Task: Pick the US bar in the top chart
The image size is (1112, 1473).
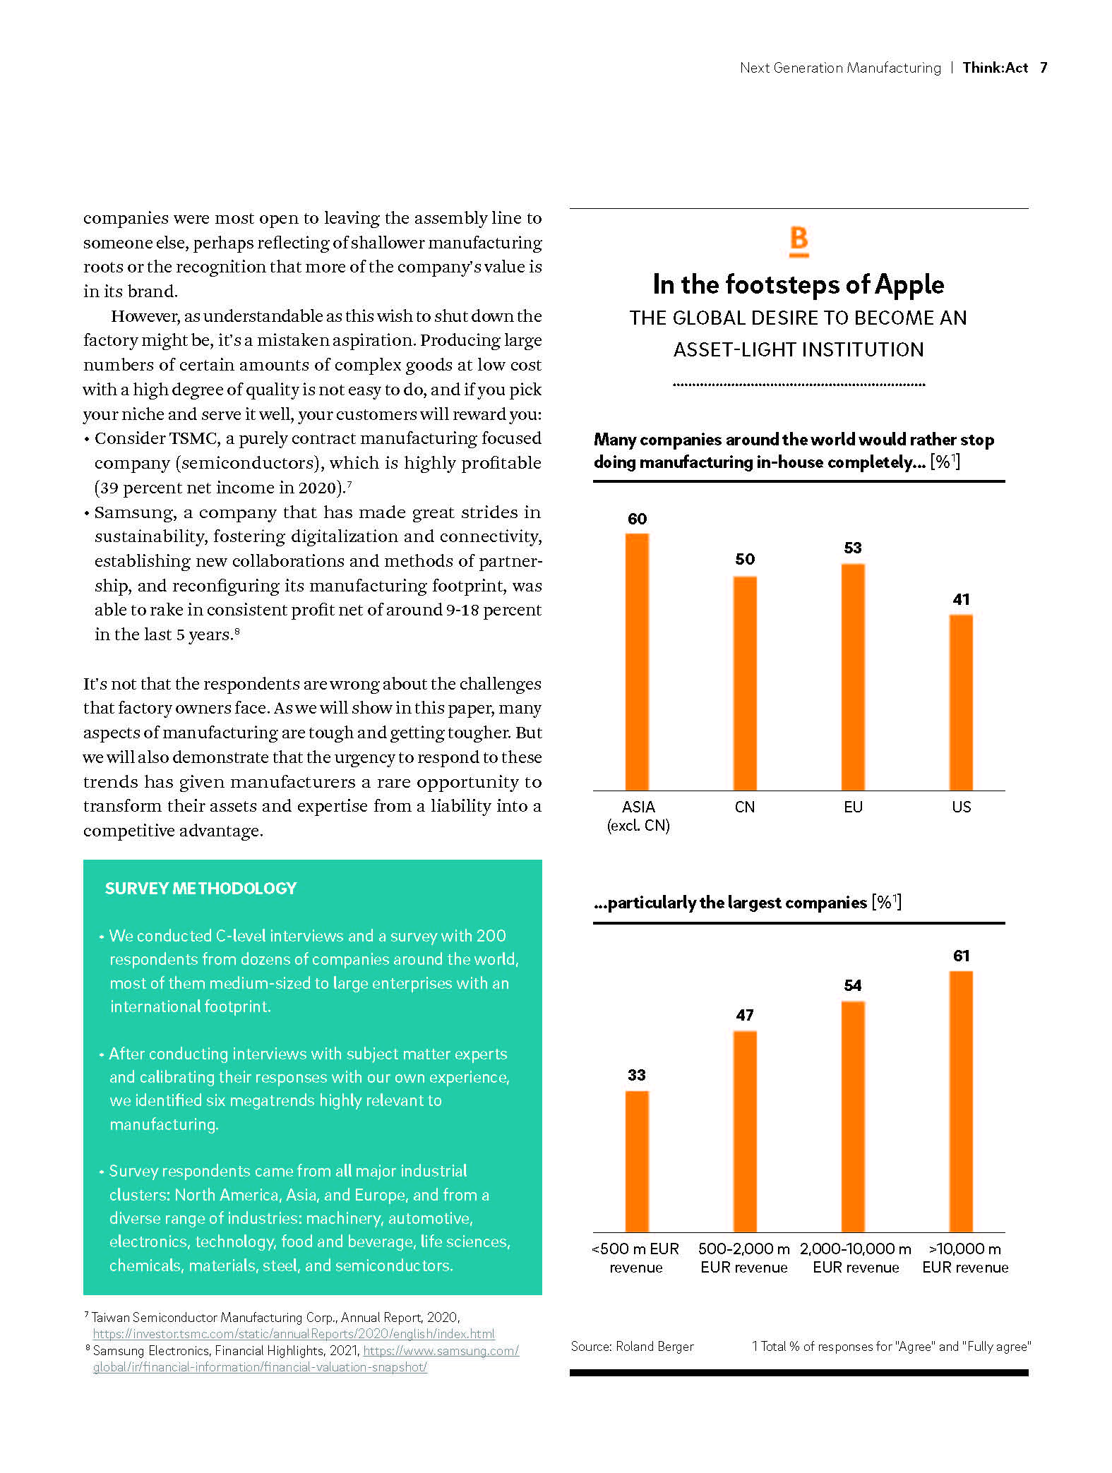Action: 961,702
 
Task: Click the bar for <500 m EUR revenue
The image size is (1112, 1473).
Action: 637,1161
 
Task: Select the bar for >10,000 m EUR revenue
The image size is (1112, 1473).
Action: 961,1101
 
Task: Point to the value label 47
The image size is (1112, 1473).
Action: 745,1015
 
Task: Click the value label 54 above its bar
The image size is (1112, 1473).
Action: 853,985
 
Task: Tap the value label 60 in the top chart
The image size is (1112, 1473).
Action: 637,519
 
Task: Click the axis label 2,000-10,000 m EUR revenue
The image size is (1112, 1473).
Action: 856,1258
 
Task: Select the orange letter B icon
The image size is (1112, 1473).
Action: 799,241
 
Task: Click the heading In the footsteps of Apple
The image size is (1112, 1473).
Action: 799,284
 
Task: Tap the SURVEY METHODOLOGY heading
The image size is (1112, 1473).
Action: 201,888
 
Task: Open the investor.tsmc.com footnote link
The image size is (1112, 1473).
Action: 294,1334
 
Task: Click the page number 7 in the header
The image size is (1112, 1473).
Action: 1044,68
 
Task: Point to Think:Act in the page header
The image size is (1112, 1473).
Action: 995,68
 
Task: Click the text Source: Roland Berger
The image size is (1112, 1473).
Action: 632,1346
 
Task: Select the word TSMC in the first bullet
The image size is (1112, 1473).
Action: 193,438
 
